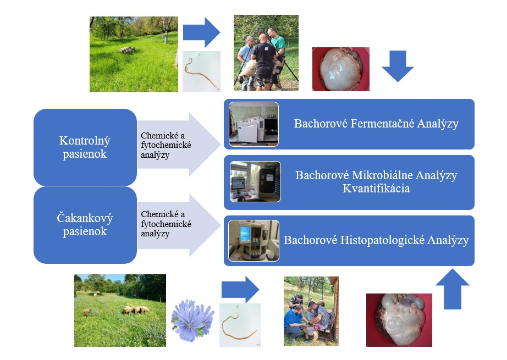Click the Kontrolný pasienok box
point(85,147)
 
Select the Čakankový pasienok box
point(85,225)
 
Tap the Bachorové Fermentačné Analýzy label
point(376,124)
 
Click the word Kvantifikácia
point(376,189)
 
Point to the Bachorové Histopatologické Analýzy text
point(376,240)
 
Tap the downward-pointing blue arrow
point(397,64)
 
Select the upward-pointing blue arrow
point(451,289)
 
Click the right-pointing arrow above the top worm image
point(201,32)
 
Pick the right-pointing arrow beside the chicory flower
point(240,289)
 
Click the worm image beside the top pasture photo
point(201,71)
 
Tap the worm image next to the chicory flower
point(240,325)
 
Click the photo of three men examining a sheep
point(266,53)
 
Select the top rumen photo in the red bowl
point(340,69)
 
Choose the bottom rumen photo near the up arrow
point(399,320)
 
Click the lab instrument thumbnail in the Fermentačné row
point(253,124)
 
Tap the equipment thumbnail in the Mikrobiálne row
point(255,182)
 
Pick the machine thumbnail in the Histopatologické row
point(253,240)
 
